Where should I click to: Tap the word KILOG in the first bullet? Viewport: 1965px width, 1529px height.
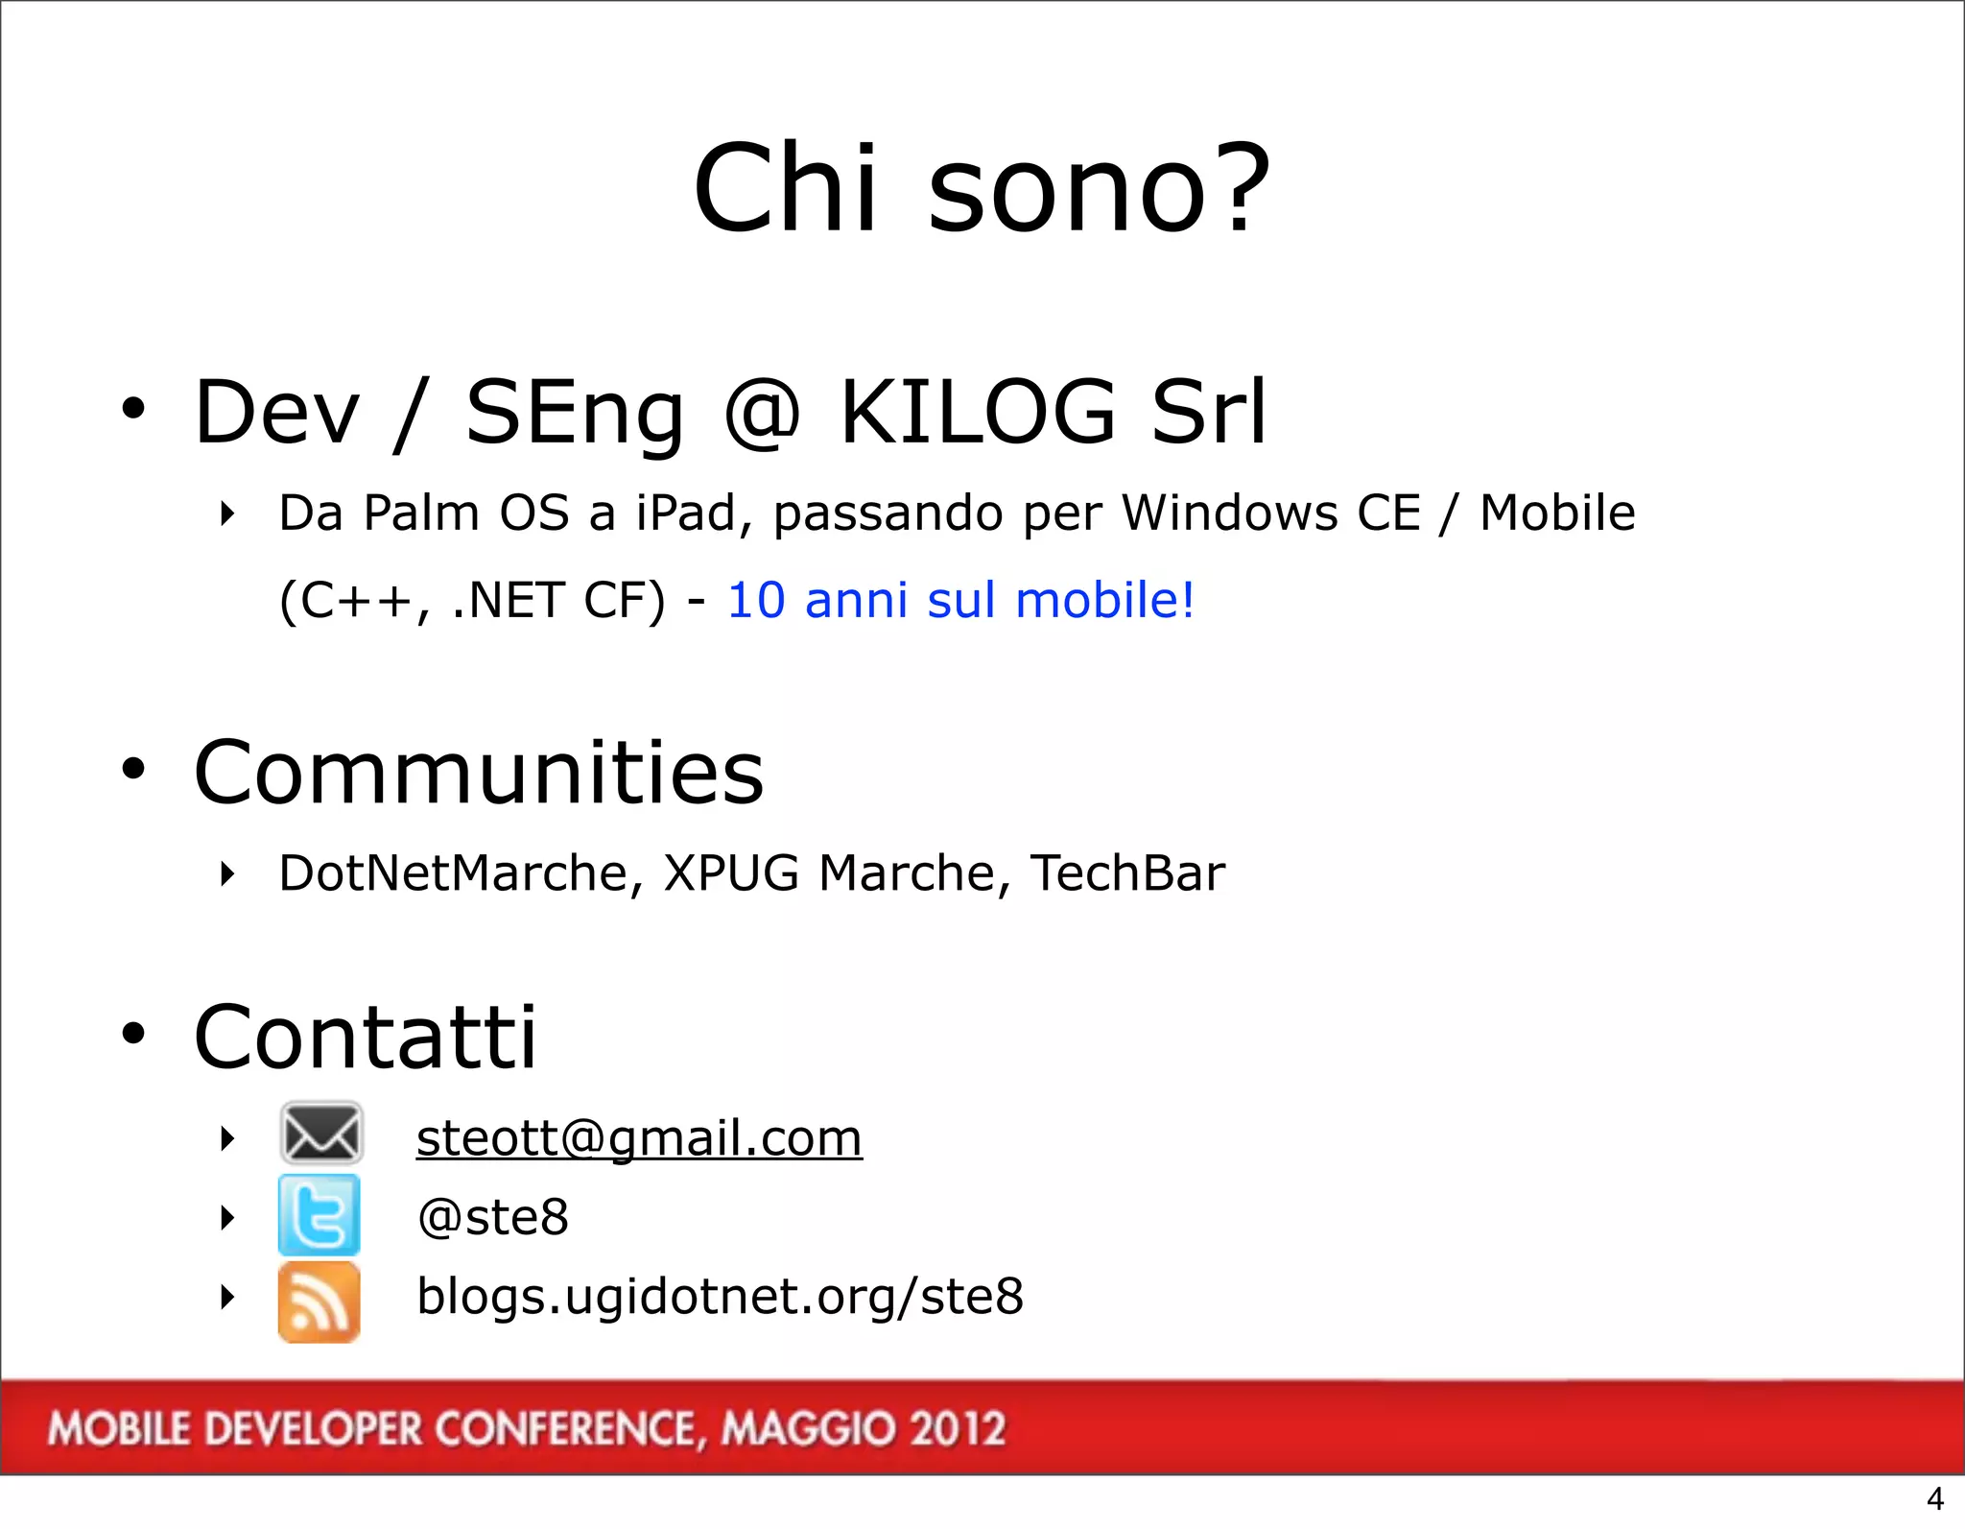(x=978, y=412)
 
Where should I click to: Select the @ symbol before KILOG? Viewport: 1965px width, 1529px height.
(x=762, y=415)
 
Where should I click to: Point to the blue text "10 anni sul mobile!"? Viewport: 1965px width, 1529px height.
(x=960, y=601)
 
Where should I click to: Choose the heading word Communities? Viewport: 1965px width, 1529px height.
(x=479, y=773)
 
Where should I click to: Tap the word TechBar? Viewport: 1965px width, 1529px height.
(x=1127, y=873)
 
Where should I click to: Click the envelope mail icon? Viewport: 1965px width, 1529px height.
(x=320, y=1134)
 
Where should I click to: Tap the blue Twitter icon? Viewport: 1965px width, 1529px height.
(x=320, y=1215)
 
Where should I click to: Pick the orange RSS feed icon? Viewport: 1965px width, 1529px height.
(x=320, y=1302)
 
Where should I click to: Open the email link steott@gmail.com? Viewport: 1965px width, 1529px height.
(x=639, y=1139)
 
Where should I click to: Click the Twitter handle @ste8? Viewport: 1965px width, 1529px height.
(x=493, y=1217)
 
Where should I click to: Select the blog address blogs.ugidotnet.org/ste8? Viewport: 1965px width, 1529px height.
(x=720, y=1297)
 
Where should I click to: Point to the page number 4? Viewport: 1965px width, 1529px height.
(x=1935, y=1498)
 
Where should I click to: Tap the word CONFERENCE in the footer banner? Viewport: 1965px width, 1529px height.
(x=565, y=1428)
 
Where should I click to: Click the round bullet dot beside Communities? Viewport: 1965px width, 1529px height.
(x=133, y=769)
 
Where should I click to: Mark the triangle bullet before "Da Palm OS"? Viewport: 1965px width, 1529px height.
(x=227, y=514)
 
